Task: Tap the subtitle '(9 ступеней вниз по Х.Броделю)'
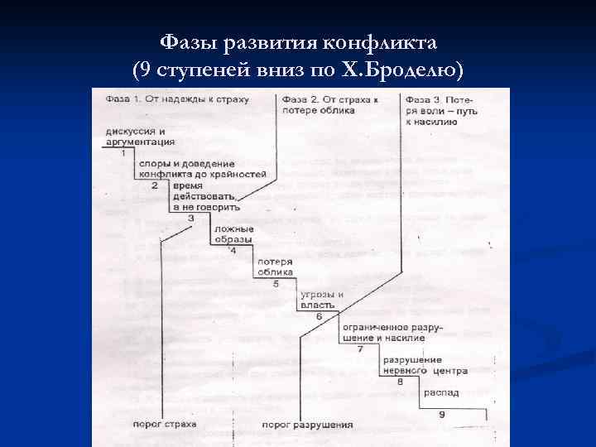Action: click(x=297, y=70)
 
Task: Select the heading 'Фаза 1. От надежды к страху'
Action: click(x=166, y=100)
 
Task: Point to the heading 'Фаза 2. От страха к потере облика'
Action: click(x=329, y=104)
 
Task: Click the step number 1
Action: click(x=123, y=153)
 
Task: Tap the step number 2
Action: click(x=155, y=185)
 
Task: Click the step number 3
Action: click(x=191, y=218)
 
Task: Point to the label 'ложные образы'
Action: click(x=233, y=234)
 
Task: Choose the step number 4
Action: click(x=233, y=250)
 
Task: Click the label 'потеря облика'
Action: click(x=276, y=267)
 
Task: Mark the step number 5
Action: click(x=276, y=283)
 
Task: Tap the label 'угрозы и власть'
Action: click(x=316, y=300)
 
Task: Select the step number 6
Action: click(x=319, y=316)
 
